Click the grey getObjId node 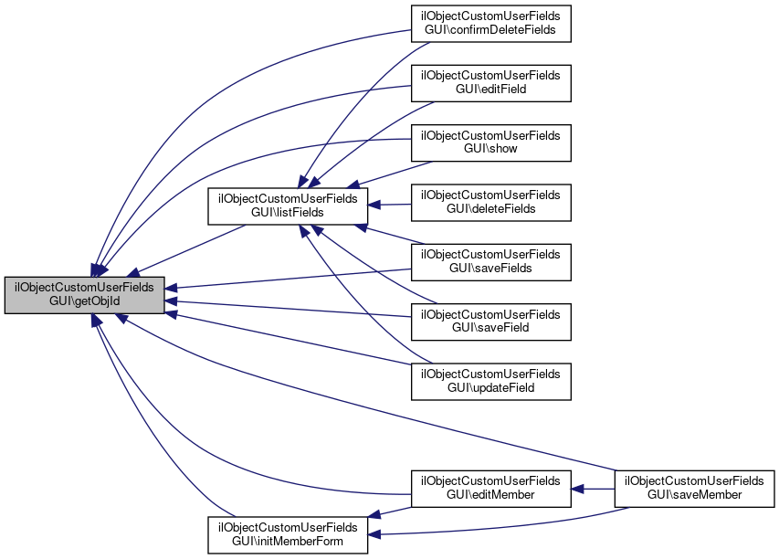pos(85,296)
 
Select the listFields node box pos(288,206)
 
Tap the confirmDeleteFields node pos(490,24)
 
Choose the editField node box pos(490,83)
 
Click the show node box pos(490,142)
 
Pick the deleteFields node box pos(490,202)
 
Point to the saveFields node pos(490,261)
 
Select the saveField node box pos(490,321)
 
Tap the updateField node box pos(490,380)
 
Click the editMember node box pos(490,488)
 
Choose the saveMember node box pos(694,488)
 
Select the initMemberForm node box pos(288,535)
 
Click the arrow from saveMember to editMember pos(594,488)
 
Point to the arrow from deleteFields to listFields pos(389,204)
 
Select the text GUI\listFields pos(288,213)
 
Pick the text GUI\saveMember pos(694,495)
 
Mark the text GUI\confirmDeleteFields pos(490,31)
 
